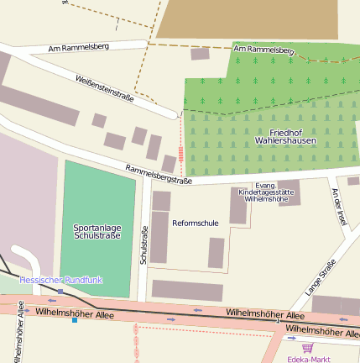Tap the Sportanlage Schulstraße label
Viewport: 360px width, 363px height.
(x=97, y=230)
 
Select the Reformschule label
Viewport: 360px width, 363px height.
(x=195, y=223)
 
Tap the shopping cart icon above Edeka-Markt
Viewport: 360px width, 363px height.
(x=307, y=346)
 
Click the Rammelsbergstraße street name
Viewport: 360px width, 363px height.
(x=159, y=174)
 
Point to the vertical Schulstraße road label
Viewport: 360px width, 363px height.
(x=144, y=246)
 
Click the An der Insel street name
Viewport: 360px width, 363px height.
(x=339, y=206)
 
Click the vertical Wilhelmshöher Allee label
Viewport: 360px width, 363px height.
(x=18, y=333)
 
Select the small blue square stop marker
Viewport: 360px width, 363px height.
(x=75, y=319)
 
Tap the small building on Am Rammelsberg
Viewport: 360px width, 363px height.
(x=200, y=54)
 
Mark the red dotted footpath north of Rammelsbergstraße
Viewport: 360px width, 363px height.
(x=180, y=143)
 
